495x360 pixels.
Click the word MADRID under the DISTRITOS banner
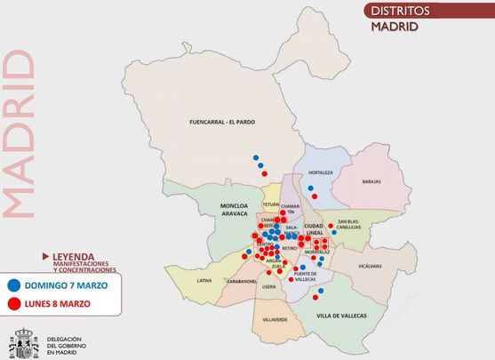pos(395,26)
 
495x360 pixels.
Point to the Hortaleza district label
pos(319,172)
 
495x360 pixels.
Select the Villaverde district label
pos(275,319)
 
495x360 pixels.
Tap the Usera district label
pos(270,287)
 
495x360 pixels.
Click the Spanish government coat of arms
pos(21,343)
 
